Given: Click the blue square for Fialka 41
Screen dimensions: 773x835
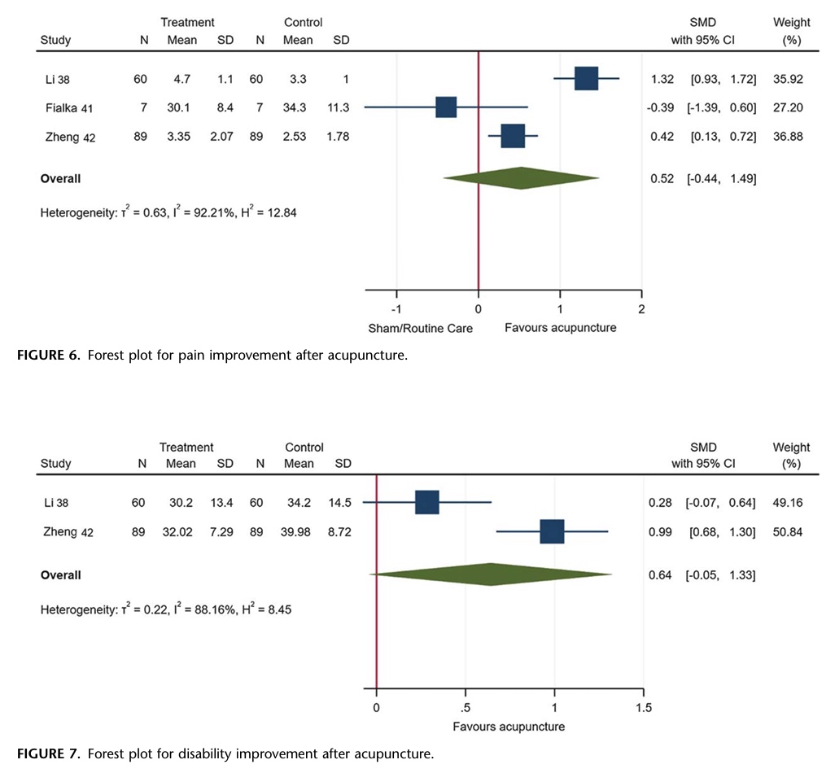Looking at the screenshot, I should [x=446, y=107].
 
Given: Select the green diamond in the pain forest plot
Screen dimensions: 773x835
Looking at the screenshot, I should [x=521, y=178].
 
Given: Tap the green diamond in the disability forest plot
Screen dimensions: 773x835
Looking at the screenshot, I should [x=491, y=574].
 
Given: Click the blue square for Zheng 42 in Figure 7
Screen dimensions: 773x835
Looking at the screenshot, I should [x=552, y=532].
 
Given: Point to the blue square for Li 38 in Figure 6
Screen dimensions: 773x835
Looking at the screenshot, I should [x=586, y=79].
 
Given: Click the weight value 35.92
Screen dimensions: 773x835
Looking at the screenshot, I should [x=788, y=79].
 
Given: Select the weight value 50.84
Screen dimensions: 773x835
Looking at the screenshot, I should [x=788, y=532].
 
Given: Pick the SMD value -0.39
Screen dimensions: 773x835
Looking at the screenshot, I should [x=661, y=107].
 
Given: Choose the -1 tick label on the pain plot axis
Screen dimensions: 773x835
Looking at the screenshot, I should [x=396, y=309].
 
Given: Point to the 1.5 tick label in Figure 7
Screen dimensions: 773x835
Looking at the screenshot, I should [x=643, y=707].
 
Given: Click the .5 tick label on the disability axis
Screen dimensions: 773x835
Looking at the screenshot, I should [x=465, y=707].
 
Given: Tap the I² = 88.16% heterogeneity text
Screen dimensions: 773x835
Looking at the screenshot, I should [x=206, y=607].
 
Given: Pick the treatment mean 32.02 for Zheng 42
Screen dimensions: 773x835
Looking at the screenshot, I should [x=181, y=532].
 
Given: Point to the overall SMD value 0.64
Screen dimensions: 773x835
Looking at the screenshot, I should [x=660, y=575].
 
